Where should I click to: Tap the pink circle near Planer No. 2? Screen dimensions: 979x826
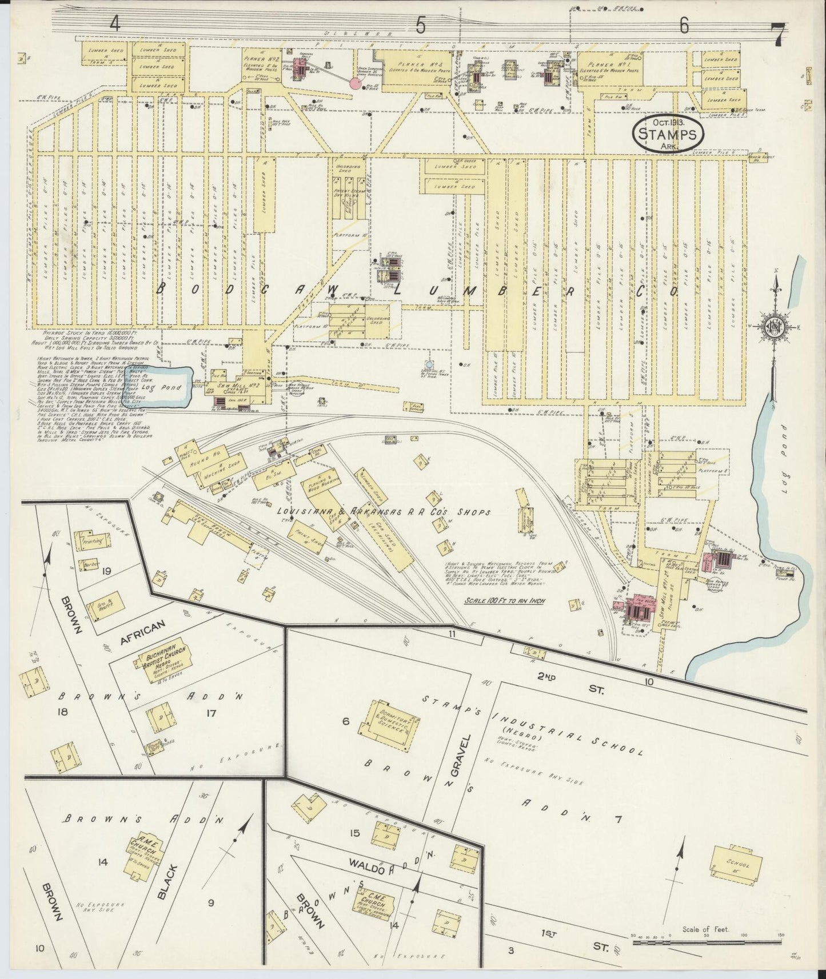coord(355,84)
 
